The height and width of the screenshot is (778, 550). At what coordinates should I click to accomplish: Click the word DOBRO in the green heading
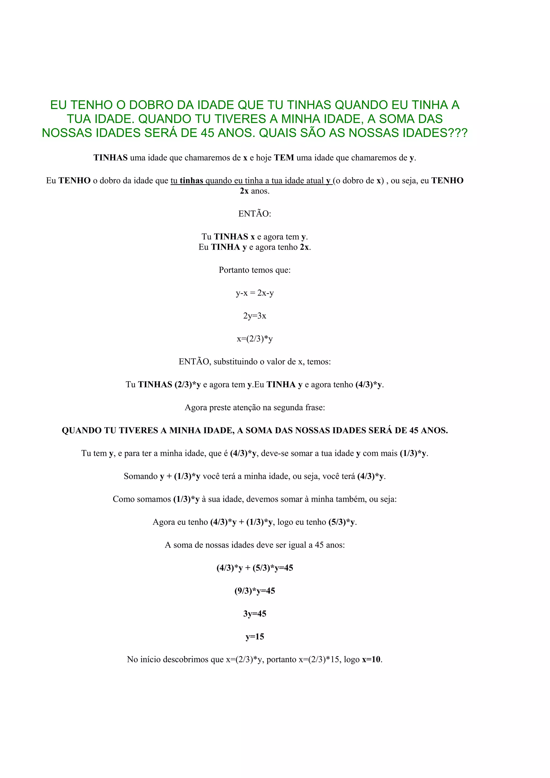tap(151, 105)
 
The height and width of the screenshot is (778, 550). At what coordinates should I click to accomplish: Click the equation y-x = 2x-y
tap(255, 293)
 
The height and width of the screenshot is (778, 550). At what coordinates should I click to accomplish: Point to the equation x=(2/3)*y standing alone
tap(255, 339)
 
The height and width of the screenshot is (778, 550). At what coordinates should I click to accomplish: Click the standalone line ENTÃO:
tap(255, 214)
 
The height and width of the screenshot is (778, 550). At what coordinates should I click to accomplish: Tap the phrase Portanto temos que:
tap(255, 270)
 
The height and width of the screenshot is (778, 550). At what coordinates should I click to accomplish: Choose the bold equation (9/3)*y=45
tap(255, 591)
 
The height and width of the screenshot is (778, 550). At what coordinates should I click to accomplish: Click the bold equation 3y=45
tap(255, 614)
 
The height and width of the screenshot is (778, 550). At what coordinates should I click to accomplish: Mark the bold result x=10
tap(371, 659)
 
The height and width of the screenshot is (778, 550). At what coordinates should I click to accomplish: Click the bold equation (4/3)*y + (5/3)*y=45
tap(255, 568)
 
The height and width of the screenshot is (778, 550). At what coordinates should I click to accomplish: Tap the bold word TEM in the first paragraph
tap(284, 158)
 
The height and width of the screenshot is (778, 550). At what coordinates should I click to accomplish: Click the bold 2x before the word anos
tap(244, 191)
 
